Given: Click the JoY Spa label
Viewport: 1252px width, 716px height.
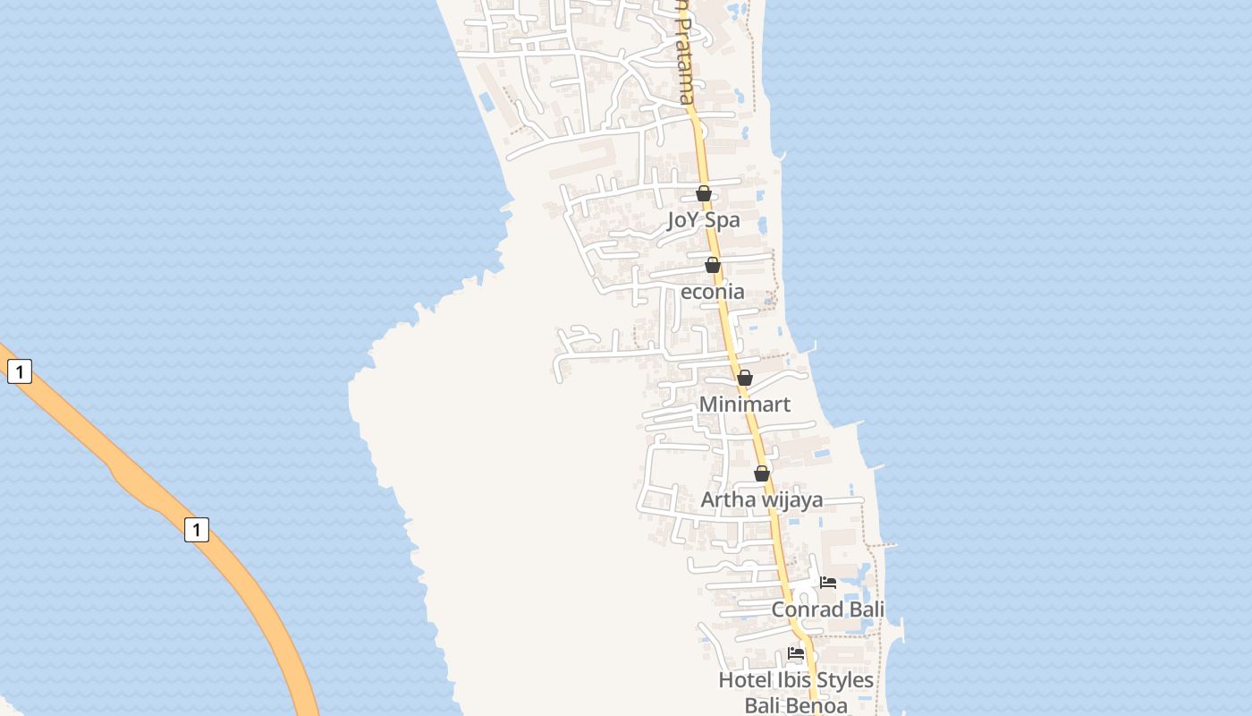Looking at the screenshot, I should click(703, 220).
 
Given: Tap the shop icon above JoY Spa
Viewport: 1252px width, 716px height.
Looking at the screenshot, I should click(704, 193).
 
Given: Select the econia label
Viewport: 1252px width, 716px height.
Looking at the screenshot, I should click(713, 292).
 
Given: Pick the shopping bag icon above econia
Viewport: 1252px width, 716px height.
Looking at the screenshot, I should click(713, 265).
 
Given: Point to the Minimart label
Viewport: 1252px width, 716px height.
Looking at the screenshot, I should click(744, 405).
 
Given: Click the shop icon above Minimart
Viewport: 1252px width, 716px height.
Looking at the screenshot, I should click(745, 378).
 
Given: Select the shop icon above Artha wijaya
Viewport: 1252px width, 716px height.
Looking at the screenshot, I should click(762, 473).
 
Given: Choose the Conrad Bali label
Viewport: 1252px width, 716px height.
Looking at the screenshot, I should click(827, 609).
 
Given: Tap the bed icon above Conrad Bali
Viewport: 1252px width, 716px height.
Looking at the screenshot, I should click(828, 583).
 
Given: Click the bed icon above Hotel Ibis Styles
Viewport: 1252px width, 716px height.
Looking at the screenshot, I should click(796, 653).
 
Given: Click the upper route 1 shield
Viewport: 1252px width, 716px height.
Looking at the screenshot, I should click(20, 371).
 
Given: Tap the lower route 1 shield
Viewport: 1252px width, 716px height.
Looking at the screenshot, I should click(197, 529).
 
